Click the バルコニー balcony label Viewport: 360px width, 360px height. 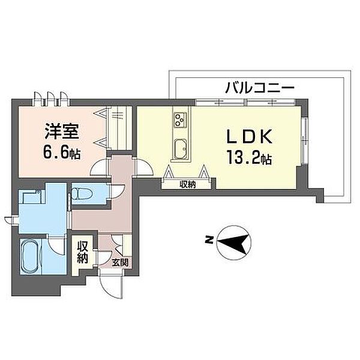(260, 88)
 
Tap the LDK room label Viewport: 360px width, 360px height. (250, 136)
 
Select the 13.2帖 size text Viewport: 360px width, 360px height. (249, 158)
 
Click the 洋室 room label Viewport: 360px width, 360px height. (62, 131)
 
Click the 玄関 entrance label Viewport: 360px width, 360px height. (120, 262)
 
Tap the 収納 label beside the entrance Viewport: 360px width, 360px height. (82, 253)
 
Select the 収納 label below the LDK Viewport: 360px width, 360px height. (188, 184)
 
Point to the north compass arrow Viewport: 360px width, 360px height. (233, 242)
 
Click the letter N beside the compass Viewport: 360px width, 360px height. (208, 240)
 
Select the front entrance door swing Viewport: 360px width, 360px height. (111, 284)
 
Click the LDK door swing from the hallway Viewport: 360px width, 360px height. (145, 166)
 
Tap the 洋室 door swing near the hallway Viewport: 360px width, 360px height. (99, 167)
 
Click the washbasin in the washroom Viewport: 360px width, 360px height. (30, 197)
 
